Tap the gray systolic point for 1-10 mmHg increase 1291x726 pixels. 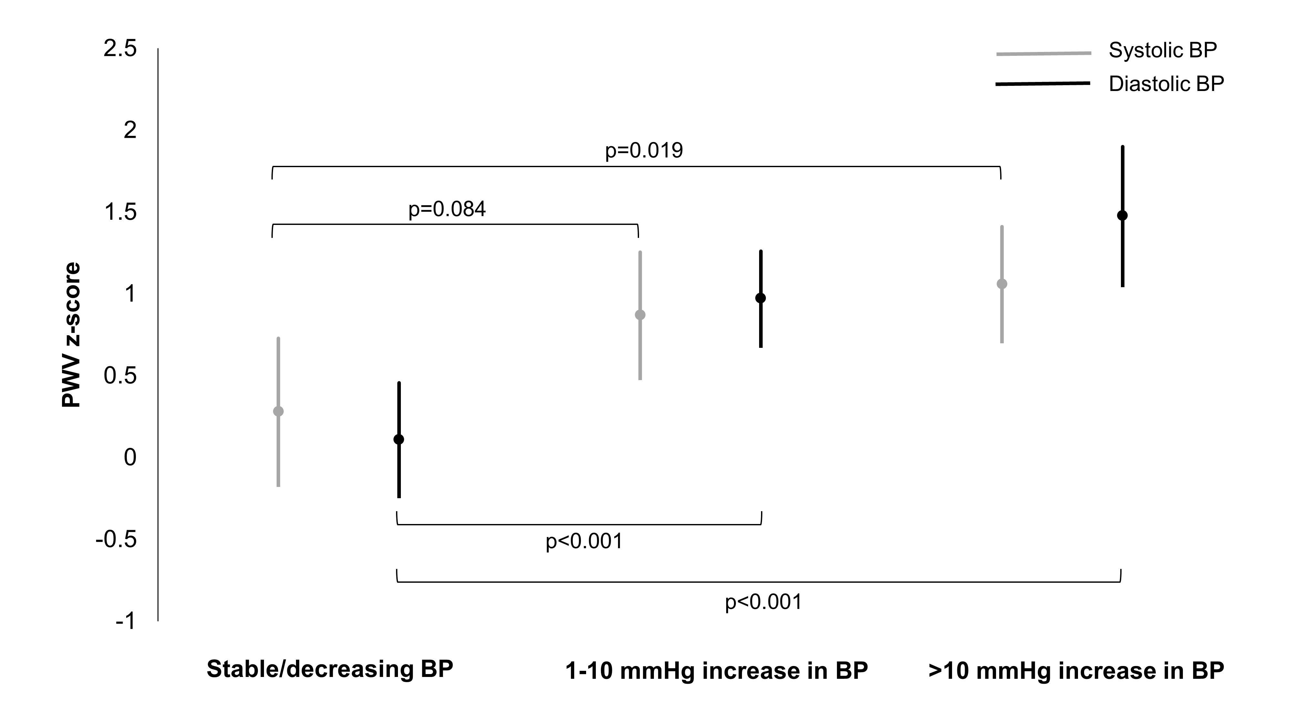click(640, 315)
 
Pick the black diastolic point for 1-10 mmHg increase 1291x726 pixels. click(760, 298)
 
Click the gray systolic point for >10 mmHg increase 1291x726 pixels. click(1002, 284)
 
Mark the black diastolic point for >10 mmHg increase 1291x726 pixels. click(1123, 216)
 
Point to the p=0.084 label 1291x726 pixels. click(447, 209)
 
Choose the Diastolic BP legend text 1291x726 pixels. click(1166, 84)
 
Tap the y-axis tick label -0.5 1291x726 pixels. click(116, 539)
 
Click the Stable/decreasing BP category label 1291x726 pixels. click(330, 669)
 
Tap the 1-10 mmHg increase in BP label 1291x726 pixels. click(717, 671)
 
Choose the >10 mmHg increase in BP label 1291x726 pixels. click(1076, 671)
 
